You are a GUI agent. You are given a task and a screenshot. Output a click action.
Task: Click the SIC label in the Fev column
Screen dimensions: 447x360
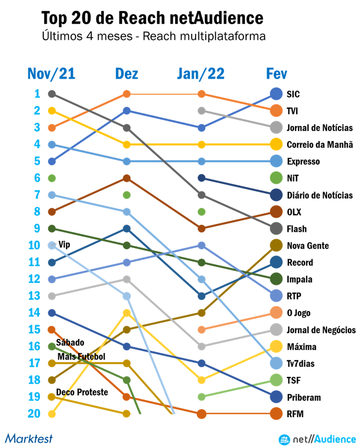293,94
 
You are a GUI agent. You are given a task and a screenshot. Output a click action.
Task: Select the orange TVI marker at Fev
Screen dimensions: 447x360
277,111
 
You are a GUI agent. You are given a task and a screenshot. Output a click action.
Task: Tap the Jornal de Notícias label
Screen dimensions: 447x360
319,128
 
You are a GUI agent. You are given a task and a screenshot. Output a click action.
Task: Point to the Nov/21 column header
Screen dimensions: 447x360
51,74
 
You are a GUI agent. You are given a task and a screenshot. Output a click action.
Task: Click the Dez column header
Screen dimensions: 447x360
126,74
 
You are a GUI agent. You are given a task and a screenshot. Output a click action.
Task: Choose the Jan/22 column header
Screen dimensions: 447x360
200,74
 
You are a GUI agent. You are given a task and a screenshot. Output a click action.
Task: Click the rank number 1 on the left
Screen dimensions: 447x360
37,94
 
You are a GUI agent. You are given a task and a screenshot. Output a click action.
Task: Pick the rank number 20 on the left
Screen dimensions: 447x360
34,414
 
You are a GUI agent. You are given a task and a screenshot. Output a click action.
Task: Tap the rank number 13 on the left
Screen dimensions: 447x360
34,296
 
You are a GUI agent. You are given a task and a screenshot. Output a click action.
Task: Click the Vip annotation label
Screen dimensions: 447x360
64,244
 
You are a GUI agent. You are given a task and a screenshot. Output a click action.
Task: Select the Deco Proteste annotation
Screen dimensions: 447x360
82,392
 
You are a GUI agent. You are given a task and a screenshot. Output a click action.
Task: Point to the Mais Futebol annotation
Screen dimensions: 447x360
81,357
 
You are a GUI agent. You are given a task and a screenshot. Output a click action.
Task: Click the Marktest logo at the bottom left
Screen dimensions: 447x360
29,438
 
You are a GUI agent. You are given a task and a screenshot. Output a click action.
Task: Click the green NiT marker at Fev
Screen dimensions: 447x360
277,178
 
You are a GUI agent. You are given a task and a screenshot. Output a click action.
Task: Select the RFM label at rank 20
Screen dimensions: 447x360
294,414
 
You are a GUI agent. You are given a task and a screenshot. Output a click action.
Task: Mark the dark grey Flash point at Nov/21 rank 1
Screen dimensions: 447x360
51,94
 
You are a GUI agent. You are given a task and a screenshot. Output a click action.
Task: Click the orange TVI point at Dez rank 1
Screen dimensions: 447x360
126,94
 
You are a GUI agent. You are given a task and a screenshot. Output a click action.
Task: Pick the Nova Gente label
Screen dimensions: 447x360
307,246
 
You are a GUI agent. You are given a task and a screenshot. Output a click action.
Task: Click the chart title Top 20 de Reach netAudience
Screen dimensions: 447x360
152,19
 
